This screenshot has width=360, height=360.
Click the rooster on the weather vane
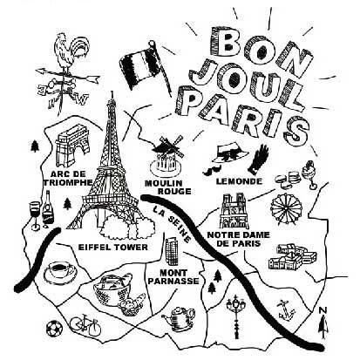tap(71, 52)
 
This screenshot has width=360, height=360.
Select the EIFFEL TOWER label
tap(113, 248)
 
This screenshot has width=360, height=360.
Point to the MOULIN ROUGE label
tap(168, 187)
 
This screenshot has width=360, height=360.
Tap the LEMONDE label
tap(239, 181)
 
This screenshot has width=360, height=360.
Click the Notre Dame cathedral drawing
tap(234, 211)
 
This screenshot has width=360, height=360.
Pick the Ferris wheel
tap(286, 208)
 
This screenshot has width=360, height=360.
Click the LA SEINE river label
tap(173, 224)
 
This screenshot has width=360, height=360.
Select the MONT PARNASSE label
tap(175, 277)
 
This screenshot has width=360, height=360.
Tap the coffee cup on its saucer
tap(60, 272)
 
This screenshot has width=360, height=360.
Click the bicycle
tap(85, 326)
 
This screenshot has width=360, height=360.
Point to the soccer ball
tap(54, 329)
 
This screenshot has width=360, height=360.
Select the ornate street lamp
tap(236, 316)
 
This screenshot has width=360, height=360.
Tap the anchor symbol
tap(286, 310)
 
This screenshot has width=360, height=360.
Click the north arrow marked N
tap(323, 323)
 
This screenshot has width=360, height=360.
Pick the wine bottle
tap(48, 208)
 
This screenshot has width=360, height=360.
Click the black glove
tap(259, 160)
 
